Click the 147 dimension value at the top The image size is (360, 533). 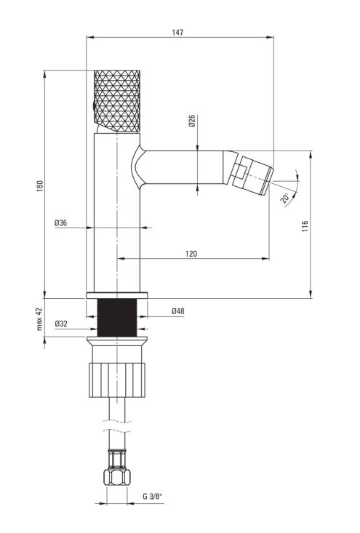(x=177, y=32)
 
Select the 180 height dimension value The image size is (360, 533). (x=40, y=185)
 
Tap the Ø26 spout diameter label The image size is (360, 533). (x=192, y=121)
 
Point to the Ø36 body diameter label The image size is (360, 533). (x=61, y=223)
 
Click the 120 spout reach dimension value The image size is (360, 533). (x=191, y=254)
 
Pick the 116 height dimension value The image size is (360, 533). (x=305, y=226)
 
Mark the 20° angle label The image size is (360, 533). (x=284, y=198)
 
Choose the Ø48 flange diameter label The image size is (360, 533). (x=178, y=310)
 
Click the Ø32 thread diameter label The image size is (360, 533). (x=61, y=324)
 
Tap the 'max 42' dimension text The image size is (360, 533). (x=39, y=318)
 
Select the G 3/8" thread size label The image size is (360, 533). (x=152, y=497)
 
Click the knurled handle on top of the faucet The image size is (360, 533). (x=117, y=101)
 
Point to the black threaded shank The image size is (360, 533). (x=117, y=318)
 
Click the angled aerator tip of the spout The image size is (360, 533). (x=252, y=176)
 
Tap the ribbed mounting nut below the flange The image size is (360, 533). (x=117, y=380)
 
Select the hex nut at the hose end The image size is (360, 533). (x=116, y=477)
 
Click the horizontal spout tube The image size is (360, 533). (x=183, y=167)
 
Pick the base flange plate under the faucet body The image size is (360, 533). (x=117, y=295)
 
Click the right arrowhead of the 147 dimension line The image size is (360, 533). (x=271, y=37)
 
